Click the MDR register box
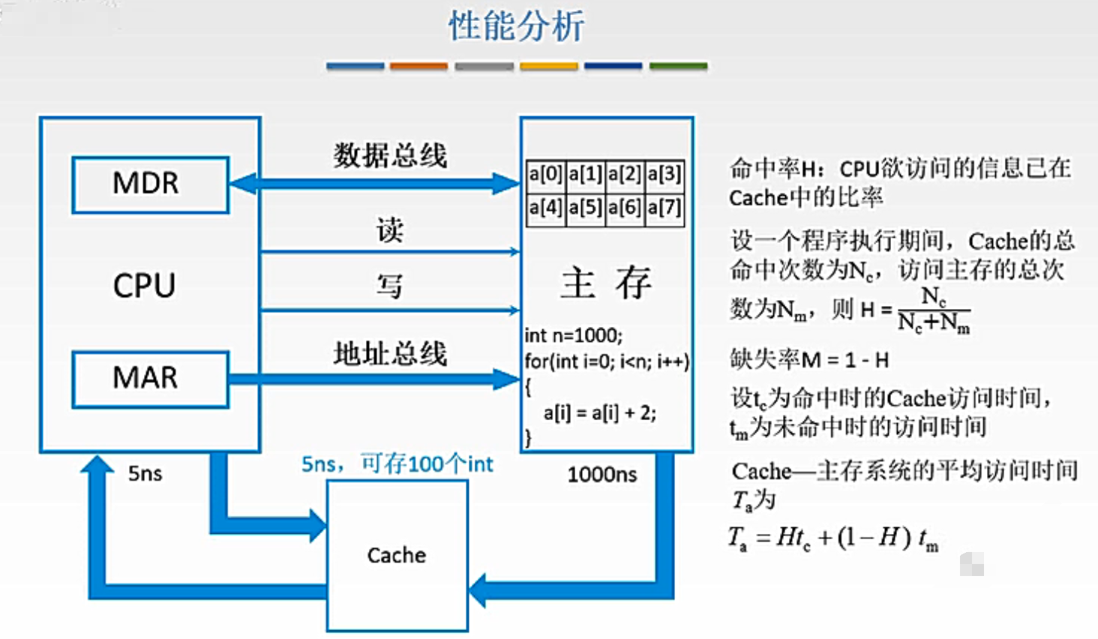click(x=150, y=184)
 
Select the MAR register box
click(x=150, y=379)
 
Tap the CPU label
click(x=144, y=286)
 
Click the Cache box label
click(x=397, y=556)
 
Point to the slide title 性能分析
click(x=516, y=27)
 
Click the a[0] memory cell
click(x=545, y=175)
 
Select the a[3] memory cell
click(x=664, y=175)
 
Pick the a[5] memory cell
click(x=585, y=207)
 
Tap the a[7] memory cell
click(x=664, y=207)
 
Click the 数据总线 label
click(x=390, y=155)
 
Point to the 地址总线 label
click(x=390, y=353)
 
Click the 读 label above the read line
click(x=390, y=229)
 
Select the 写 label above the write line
click(x=390, y=286)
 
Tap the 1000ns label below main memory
click(x=601, y=475)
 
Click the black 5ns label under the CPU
click(x=145, y=474)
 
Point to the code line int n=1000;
click(x=574, y=335)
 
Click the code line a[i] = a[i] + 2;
click(x=599, y=413)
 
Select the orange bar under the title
click(x=418, y=67)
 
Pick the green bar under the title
click(x=678, y=67)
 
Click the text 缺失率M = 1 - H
click(x=809, y=361)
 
